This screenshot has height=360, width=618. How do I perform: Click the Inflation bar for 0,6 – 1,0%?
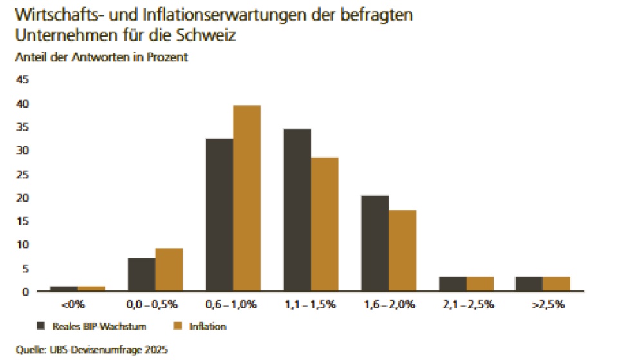pyautogui.click(x=247, y=198)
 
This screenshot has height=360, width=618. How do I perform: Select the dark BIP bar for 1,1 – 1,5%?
pyautogui.click(x=297, y=210)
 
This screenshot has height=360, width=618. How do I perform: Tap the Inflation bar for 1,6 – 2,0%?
pyautogui.click(x=402, y=251)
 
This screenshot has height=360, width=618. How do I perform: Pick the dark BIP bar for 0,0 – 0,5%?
pyautogui.click(x=142, y=274)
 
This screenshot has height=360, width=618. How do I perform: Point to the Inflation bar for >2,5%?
pyautogui.click(x=556, y=284)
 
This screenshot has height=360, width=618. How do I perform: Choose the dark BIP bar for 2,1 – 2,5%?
pyautogui.click(x=453, y=284)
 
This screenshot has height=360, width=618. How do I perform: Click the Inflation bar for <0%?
pyautogui.click(x=91, y=289)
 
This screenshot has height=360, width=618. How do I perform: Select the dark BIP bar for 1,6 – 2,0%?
pyautogui.click(x=375, y=243)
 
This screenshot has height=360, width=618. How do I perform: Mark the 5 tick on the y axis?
pyautogui.click(x=25, y=268)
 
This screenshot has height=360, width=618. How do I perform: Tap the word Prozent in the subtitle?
pyautogui.click(x=168, y=57)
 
